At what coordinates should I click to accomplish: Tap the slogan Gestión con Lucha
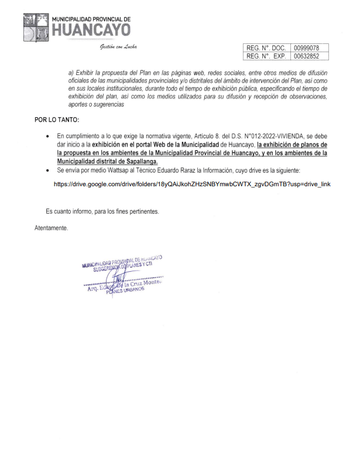[118, 47]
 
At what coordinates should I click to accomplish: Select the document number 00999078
[307, 47]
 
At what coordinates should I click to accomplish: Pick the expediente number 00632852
[307, 56]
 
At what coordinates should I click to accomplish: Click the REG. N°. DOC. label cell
[266, 47]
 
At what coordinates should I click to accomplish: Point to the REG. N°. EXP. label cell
[266, 56]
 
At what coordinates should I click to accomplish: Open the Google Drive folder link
[191, 184]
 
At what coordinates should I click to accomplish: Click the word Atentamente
[52, 227]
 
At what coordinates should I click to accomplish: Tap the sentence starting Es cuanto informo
[102, 211]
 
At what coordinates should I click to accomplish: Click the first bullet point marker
[47, 136]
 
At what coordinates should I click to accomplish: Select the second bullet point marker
[47, 170]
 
